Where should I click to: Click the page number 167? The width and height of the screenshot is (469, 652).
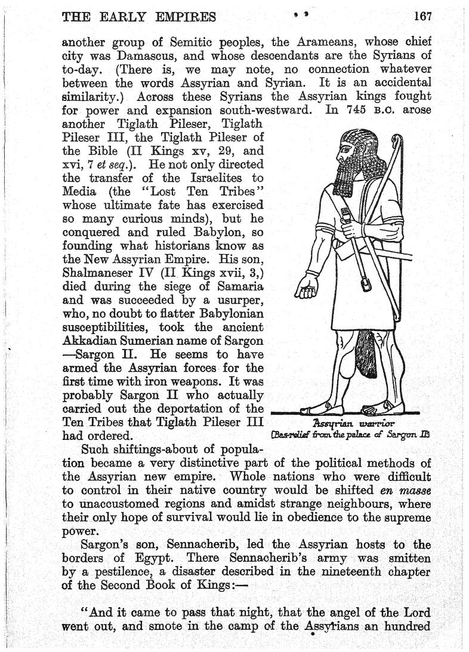[x=422, y=16]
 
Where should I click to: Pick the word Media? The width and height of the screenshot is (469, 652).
[x=80, y=192]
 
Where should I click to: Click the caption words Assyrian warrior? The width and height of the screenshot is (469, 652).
[x=350, y=424]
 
